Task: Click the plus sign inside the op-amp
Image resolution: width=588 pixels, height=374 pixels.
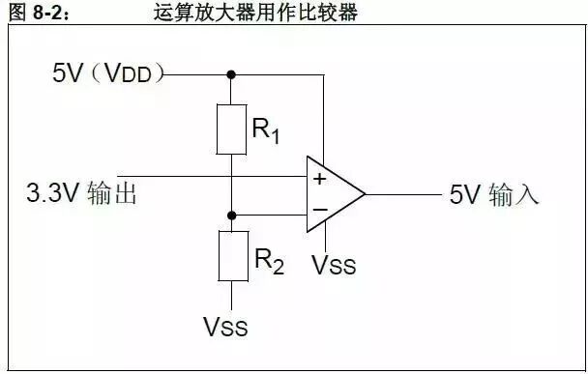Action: point(319,179)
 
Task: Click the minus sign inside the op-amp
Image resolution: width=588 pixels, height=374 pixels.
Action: point(319,210)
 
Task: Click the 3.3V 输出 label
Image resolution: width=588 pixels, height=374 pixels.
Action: point(81,193)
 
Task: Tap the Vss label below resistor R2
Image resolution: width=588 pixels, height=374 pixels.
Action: point(225,328)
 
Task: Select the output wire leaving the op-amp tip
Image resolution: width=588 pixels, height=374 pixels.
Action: point(401,194)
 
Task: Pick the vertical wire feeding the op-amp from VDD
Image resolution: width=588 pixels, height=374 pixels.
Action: point(328,116)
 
